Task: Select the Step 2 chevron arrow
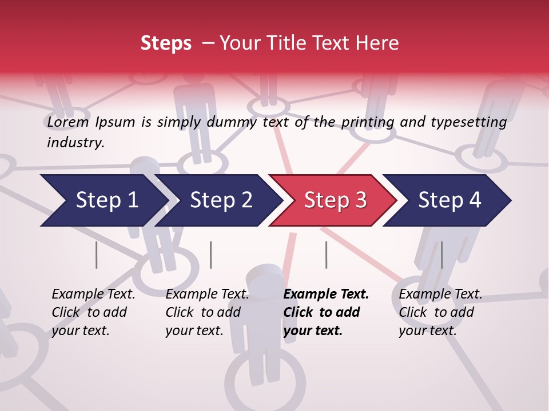point(221,200)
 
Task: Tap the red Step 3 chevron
point(335,200)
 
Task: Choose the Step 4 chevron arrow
point(449,200)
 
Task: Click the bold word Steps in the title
point(166,43)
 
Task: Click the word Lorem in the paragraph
point(68,122)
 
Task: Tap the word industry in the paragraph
point(75,142)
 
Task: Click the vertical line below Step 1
point(97,255)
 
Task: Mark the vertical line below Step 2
point(211,255)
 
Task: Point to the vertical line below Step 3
point(326,255)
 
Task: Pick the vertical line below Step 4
point(441,255)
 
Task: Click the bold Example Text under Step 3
point(326,295)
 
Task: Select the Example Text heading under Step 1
point(93,295)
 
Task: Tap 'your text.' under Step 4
point(428,331)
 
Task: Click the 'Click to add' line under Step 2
point(203,312)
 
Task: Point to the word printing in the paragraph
point(368,122)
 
